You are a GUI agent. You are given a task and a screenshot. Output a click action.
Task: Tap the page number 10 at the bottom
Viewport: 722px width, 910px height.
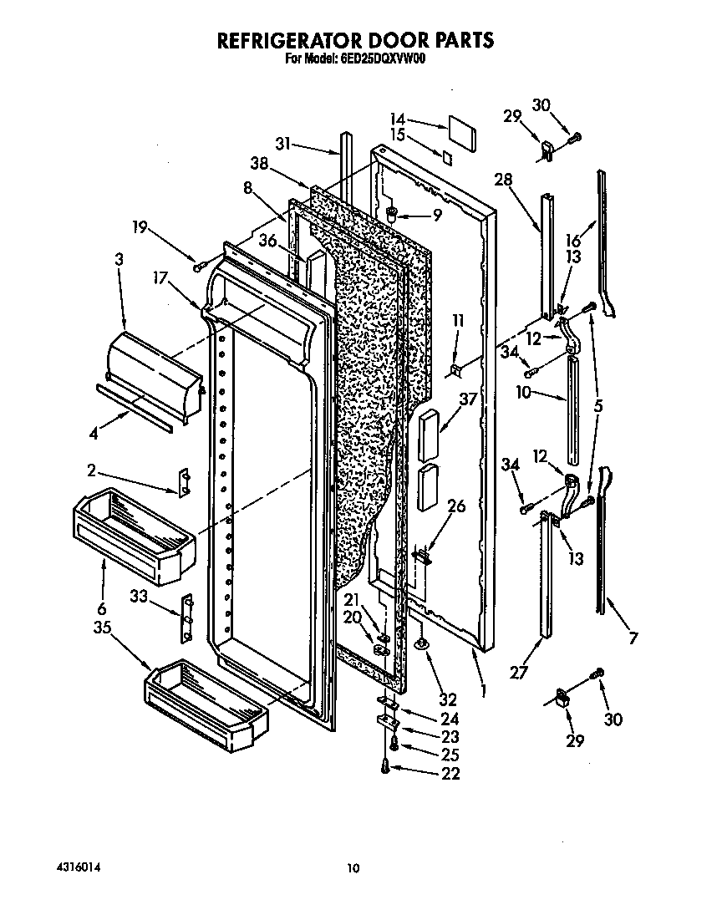tap(353, 868)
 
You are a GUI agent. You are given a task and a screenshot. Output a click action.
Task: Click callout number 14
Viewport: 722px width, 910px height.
tap(397, 119)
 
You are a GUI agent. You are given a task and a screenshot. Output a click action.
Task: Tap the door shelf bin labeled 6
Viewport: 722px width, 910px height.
tap(134, 535)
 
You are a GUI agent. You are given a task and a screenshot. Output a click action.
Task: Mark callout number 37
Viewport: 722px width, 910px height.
tap(467, 399)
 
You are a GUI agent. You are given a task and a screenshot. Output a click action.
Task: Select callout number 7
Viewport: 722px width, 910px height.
tap(633, 639)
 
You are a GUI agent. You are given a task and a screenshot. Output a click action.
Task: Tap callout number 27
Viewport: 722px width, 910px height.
tap(519, 669)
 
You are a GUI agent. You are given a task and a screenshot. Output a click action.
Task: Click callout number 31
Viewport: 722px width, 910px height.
tap(283, 143)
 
